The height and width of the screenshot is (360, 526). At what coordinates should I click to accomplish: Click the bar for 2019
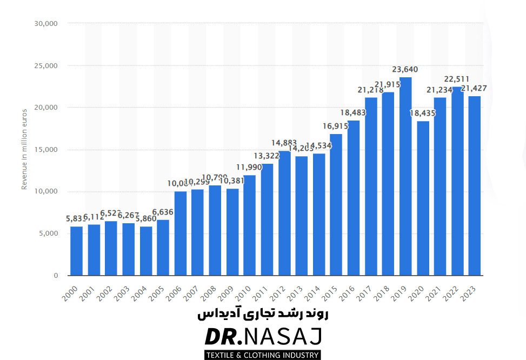click(x=405, y=176)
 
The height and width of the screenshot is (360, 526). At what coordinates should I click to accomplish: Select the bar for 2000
click(x=77, y=251)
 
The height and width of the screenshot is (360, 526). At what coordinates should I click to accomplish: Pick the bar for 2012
click(x=284, y=213)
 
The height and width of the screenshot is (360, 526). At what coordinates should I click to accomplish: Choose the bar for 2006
click(x=181, y=234)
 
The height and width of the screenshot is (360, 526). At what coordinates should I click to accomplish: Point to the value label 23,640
click(x=405, y=69)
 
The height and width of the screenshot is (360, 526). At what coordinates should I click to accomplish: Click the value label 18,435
click(x=423, y=113)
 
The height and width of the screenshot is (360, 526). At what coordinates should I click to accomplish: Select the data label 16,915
click(x=336, y=126)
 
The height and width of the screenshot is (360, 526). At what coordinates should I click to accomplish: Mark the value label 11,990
click(x=249, y=167)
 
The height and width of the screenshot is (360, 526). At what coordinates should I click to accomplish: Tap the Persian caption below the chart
click(x=263, y=314)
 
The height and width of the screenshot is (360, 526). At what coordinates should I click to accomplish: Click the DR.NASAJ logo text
click(x=263, y=337)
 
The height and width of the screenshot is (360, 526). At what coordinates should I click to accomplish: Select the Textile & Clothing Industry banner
click(x=263, y=355)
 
